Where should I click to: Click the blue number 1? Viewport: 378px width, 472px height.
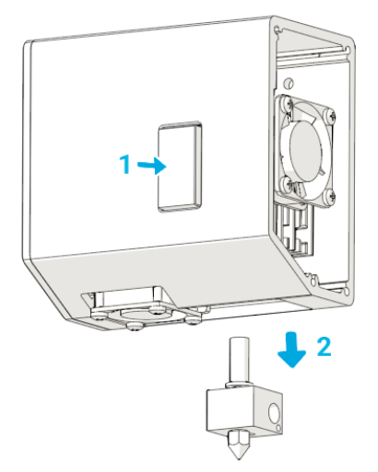tap(124, 164)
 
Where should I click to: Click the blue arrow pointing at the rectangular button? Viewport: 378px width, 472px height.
tap(152, 166)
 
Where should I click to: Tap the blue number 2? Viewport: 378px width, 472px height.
tap(324, 347)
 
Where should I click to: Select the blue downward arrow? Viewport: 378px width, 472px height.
tap(292, 350)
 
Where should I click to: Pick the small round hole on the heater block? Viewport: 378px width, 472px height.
tap(278, 428)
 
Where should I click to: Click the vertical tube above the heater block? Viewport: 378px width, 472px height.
tap(239, 360)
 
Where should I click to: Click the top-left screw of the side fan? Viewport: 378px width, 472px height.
tap(288, 103)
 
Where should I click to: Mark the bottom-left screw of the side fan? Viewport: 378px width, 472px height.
tap(288, 183)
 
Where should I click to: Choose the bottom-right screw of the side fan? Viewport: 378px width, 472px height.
tap(330, 196)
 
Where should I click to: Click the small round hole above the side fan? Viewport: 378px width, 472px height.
tap(288, 82)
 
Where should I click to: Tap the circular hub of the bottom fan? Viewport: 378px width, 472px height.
tap(140, 314)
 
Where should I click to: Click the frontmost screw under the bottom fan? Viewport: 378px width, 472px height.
tap(134, 327)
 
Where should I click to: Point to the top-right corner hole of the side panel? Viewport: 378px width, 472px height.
tap(348, 50)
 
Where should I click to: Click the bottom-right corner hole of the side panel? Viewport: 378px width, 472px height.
tap(348, 291)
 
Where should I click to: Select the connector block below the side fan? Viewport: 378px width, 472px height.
tap(294, 228)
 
